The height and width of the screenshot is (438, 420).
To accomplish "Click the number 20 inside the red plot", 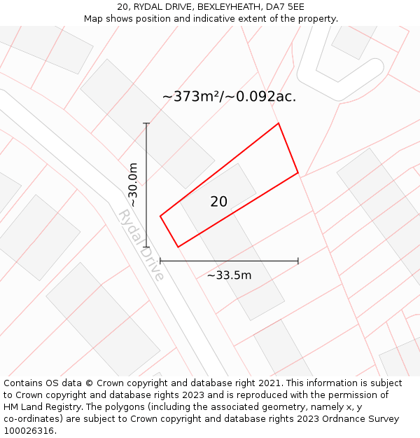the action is pyautogui.click(x=218, y=202).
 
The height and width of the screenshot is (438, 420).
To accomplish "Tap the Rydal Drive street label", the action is pyautogui.click(x=141, y=245).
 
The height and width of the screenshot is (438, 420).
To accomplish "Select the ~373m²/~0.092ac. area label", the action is pyautogui.click(x=229, y=97).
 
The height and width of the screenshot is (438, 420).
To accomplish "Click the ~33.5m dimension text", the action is pyautogui.click(x=229, y=275).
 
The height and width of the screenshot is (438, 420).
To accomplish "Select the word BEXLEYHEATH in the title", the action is pyautogui.click(x=226, y=6).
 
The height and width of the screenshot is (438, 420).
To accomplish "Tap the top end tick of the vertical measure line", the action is pyautogui.click(x=146, y=123).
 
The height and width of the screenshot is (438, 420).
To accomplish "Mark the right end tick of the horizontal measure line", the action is pyautogui.click(x=298, y=261).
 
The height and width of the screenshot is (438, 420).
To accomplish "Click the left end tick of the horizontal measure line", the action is pyautogui.click(x=160, y=261).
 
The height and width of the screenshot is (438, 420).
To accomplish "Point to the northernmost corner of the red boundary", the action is pyautogui.click(x=279, y=123).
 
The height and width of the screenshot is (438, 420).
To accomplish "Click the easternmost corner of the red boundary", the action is pyautogui.click(x=298, y=172).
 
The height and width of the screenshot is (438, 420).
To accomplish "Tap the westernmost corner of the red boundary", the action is pyautogui.click(x=160, y=216).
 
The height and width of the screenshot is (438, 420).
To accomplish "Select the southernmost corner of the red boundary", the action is pyautogui.click(x=178, y=247).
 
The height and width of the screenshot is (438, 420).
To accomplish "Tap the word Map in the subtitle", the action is pyautogui.click(x=94, y=18).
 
